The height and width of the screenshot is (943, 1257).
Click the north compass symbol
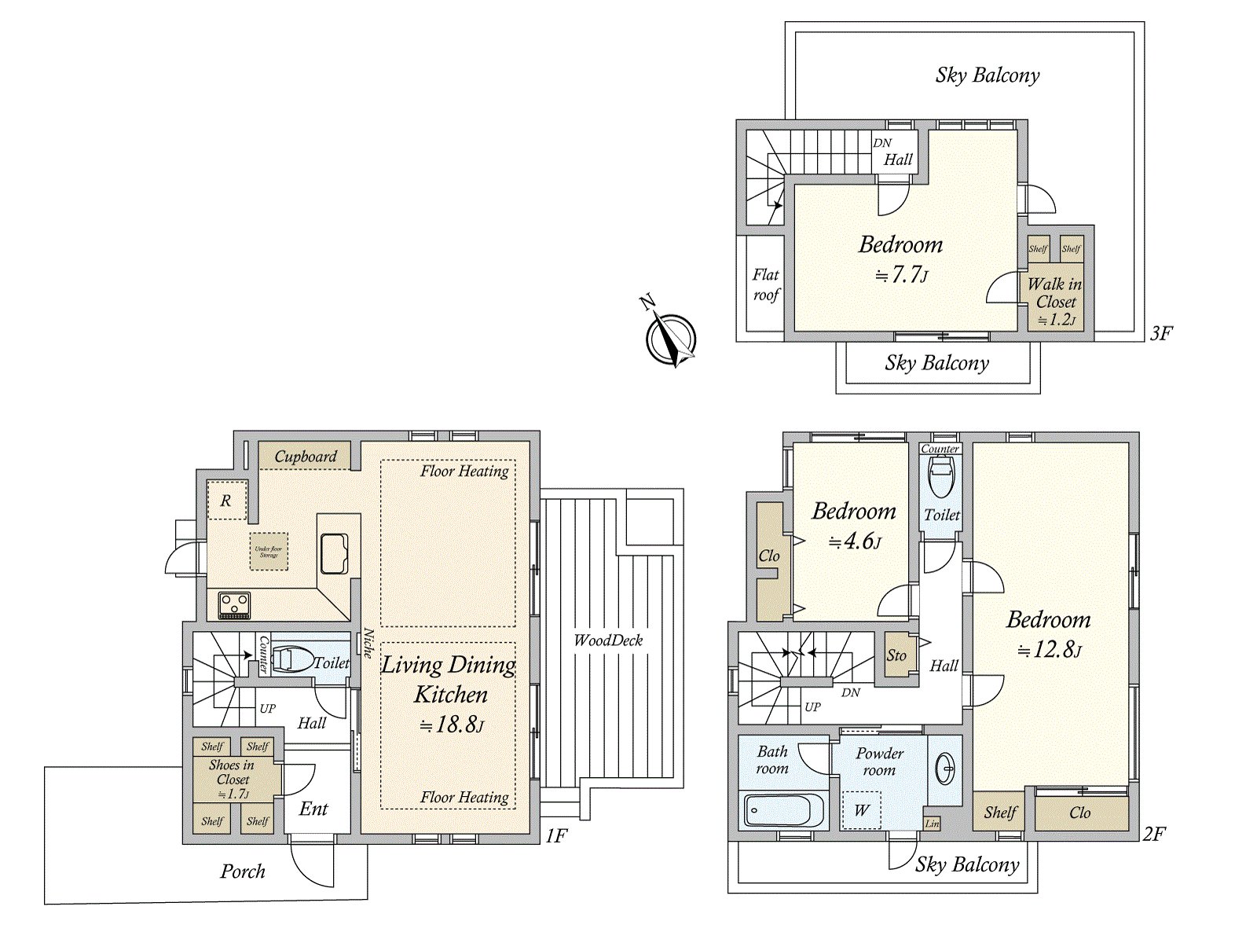point(670,339)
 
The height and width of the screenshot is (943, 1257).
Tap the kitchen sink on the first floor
point(335,553)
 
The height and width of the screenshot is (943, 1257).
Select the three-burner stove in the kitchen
point(234,604)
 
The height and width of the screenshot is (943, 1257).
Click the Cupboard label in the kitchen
point(306,457)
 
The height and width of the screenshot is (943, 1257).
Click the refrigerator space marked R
point(226,501)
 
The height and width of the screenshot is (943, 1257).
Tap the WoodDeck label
point(608,640)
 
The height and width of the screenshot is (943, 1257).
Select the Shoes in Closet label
point(232,772)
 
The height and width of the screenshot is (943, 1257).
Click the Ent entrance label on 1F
point(313,809)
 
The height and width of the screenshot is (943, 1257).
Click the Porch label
point(242,871)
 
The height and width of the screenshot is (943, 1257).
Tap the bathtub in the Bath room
point(782,809)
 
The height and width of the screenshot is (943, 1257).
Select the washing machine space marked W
point(861,810)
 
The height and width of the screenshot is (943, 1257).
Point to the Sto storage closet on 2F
point(896,655)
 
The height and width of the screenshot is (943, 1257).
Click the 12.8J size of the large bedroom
point(1050,651)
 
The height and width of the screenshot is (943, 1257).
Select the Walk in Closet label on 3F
point(1055,293)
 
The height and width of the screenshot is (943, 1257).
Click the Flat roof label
point(766,284)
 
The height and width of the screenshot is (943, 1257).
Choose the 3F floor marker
point(1160,333)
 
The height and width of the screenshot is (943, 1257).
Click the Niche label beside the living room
point(368,643)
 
